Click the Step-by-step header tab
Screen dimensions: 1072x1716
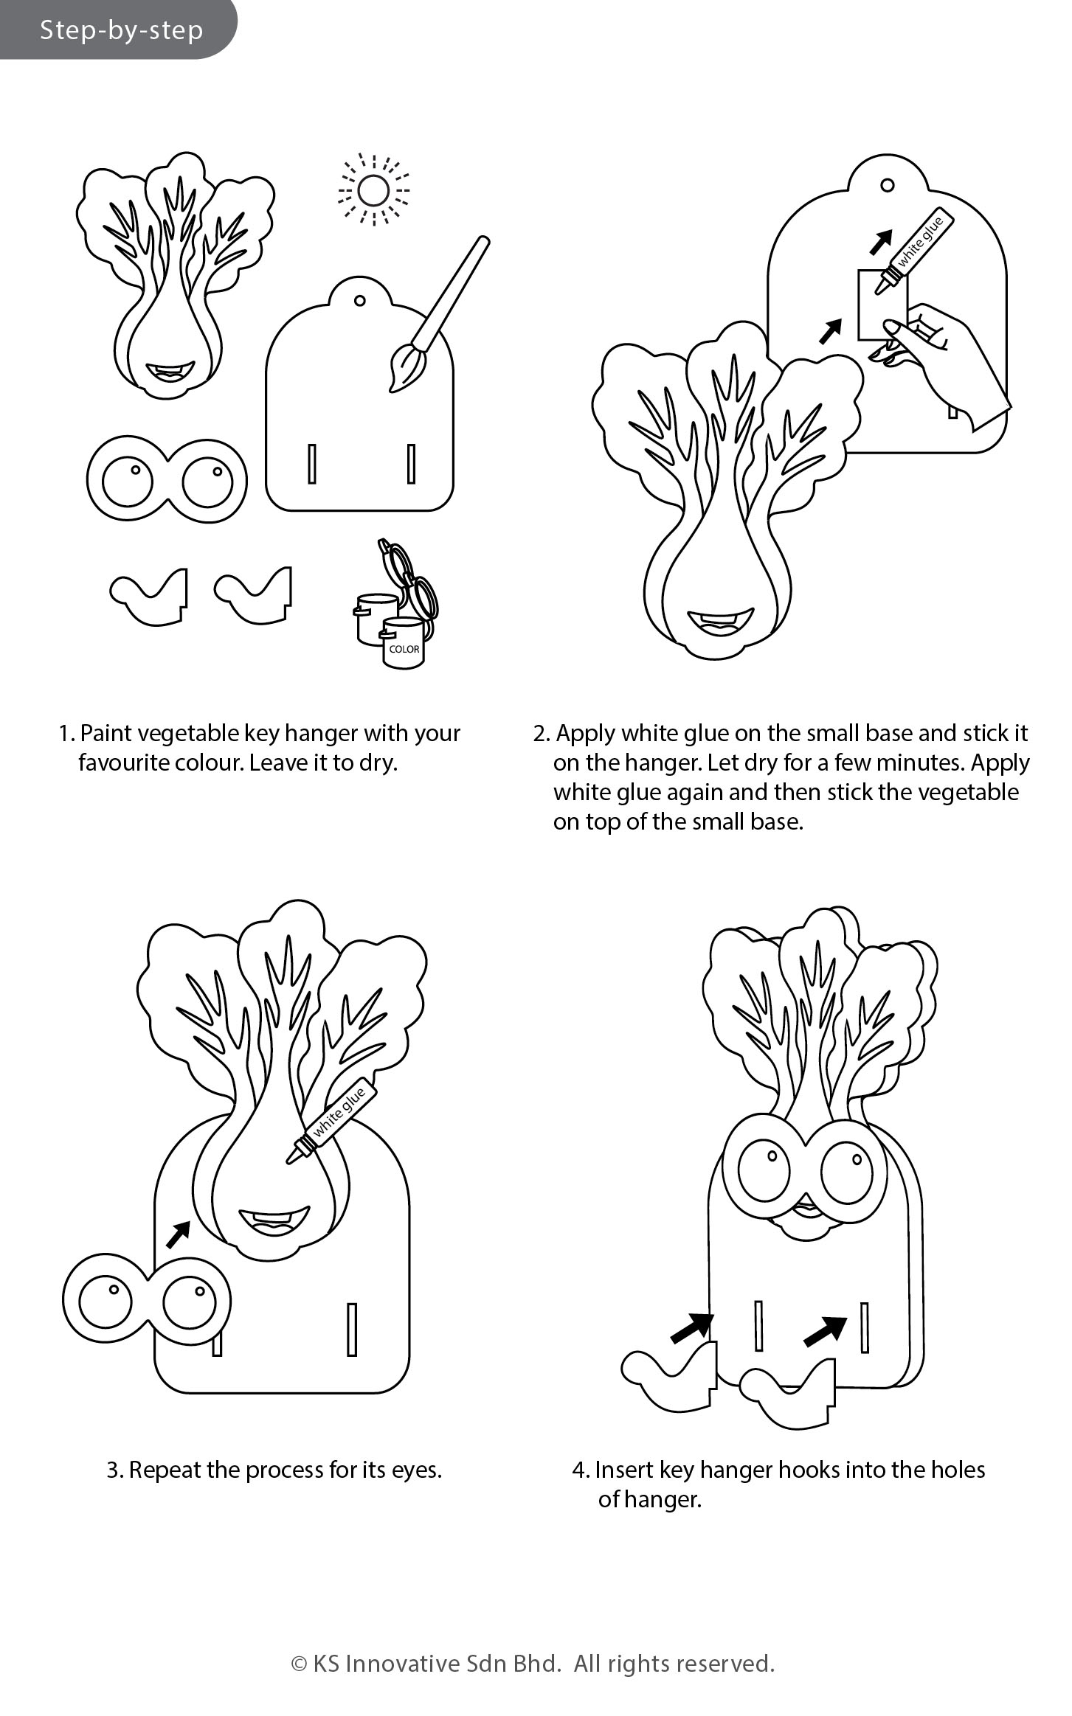[x=118, y=29]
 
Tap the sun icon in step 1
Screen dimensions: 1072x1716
[x=373, y=190]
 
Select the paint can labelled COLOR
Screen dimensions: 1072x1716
[x=403, y=643]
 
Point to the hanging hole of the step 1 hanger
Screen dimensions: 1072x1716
[x=360, y=300]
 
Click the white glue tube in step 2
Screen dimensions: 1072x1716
[x=915, y=251]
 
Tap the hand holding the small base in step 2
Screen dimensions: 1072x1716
[x=944, y=361]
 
